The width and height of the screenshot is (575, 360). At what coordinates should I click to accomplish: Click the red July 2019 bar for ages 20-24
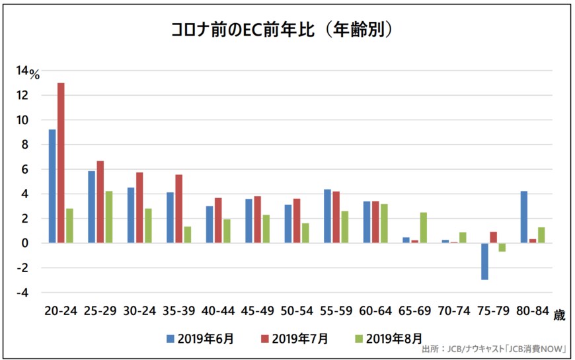[x=61, y=162]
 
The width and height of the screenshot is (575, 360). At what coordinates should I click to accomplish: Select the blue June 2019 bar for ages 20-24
[x=52, y=186]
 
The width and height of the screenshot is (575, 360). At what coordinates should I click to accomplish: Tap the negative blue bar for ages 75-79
[x=484, y=262]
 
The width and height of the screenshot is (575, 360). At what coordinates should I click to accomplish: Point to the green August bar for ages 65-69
[x=423, y=228]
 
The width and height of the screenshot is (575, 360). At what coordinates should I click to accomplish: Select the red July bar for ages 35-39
[x=179, y=209]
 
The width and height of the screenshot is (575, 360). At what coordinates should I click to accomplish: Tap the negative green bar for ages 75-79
[x=502, y=248]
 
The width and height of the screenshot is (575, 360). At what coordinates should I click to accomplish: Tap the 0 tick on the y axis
[x=26, y=243]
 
